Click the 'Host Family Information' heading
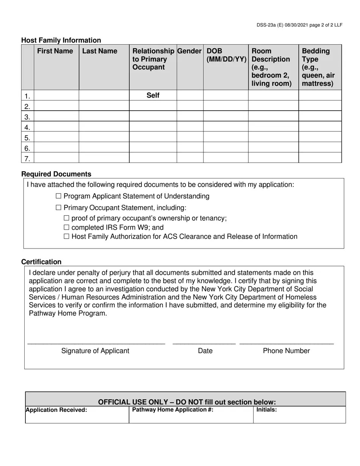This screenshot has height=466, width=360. click(61, 40)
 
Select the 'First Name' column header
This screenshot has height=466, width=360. click(55, 51)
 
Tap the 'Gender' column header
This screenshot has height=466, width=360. click(189, 51)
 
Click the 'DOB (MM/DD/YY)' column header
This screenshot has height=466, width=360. click(226, 55)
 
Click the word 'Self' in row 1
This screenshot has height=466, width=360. click(153, 95)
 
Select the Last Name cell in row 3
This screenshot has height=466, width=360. click(104, 116)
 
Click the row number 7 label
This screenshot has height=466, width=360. click(27, 158)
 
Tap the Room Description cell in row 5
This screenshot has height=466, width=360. click(273, 137)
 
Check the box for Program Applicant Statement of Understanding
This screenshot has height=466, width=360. click(58, 196)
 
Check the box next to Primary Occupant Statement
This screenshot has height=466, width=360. click(58, 208)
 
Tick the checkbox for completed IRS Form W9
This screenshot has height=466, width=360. click(67, 228)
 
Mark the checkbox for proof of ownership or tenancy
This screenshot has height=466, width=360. click(67, 218)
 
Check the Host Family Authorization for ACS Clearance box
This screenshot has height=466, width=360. click(67, 237)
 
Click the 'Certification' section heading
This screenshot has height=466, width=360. click(41, 262)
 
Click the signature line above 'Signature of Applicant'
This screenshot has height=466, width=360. click(96, 342)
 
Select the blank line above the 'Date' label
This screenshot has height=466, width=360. click(204, 342)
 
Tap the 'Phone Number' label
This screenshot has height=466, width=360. click(286, 351)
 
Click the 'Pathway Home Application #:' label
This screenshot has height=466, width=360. click(172, 410)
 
